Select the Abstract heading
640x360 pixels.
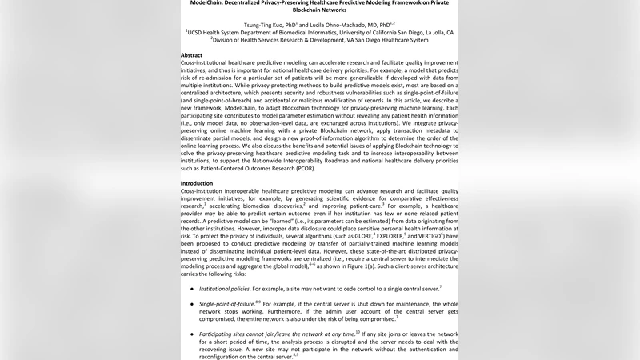[x=197, y=55]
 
